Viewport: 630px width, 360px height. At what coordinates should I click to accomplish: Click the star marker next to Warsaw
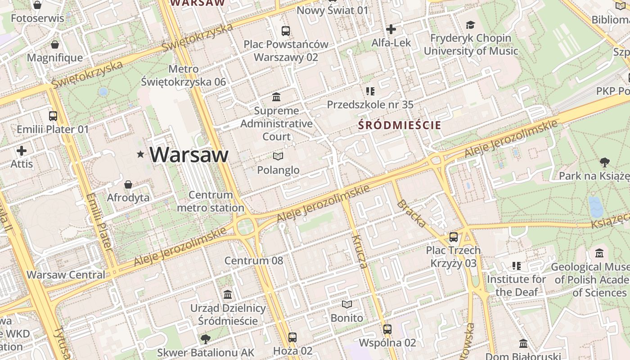(x=141, y=155)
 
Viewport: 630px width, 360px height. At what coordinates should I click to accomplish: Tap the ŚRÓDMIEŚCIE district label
(x=400, y=126)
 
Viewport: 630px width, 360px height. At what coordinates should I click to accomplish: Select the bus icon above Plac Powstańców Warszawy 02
(x=286, y=31)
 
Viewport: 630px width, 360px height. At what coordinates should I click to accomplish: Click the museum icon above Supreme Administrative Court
(x=276, y=97)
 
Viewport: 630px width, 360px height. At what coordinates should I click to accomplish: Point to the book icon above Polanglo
(x=278, y=157)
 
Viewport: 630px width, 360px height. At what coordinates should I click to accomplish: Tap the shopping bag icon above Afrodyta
(x=128, y=184)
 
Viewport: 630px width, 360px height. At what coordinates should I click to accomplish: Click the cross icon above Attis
(x=22, y=151)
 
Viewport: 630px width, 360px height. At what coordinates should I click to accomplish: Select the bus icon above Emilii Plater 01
(x=53, y=116)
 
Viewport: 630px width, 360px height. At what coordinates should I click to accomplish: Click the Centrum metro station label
(x=211, y=201)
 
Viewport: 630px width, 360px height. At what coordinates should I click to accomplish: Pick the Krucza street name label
(x=360, y=251)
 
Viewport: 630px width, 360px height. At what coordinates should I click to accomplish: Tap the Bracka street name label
(x=412, y=213)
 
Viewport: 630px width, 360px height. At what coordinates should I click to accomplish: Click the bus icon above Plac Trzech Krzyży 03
(x=454, y=237)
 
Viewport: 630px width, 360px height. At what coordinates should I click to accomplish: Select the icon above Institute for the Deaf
(x=516, y=266)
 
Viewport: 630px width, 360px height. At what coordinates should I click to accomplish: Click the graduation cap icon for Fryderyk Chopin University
(x=471, y=25)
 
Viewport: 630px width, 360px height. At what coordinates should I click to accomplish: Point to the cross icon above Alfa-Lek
(x=391, y=30)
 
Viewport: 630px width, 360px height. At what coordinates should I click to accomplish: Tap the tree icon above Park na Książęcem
(x=604, y=162)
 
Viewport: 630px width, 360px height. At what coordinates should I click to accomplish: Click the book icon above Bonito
(x=346, y=305)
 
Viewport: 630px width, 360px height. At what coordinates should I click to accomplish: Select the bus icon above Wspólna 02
(x=387, y=329)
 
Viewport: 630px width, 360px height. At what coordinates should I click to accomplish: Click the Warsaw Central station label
(x=66, y=274)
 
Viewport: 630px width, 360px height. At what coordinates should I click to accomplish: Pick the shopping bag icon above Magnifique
(x=55, y=45)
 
